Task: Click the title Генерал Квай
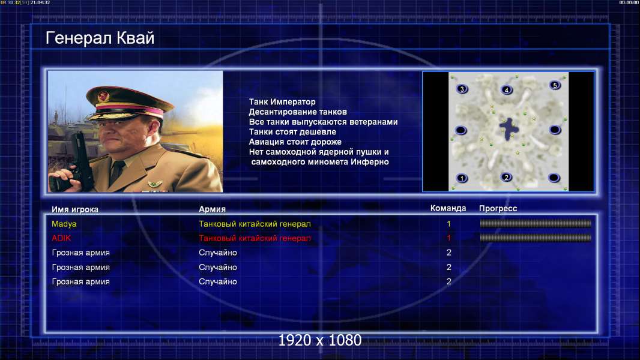(100, 38)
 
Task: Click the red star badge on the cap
(104, 97)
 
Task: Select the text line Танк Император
(282, 102)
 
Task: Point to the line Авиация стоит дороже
(295, 142)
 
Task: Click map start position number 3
(462, 89)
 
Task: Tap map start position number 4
(507, 89)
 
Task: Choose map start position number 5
(555, 85)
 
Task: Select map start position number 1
(462, 178)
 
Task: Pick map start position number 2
(507, 178)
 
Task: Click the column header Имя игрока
(74, 209)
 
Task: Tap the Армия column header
(213, 209)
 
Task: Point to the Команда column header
(448, 208)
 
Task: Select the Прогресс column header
(498, 209)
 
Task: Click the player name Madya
(64, 224)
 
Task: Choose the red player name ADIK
(61, 238)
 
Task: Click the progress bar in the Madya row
(536, 223)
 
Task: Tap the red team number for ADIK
(448, 238)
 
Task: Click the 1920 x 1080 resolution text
(320, 340)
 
